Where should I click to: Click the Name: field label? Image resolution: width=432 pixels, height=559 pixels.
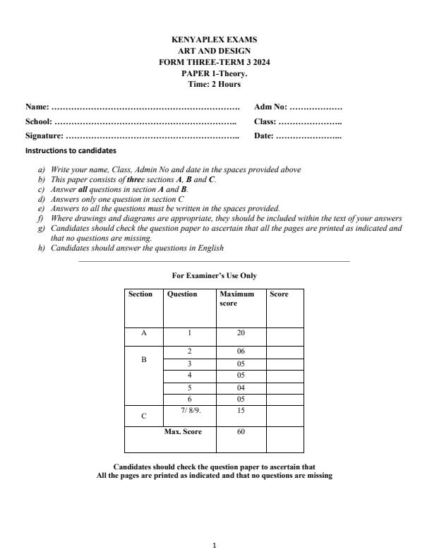tap(37, 107)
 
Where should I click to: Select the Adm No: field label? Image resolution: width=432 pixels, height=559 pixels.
tap(270, 107)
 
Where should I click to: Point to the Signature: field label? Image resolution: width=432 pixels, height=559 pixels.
tap(44, 136)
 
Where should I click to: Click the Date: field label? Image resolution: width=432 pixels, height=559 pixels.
tap(265, 136)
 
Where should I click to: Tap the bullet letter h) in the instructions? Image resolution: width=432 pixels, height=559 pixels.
tap(42, 248)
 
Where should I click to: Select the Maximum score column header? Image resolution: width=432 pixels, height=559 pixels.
tap(236, 299)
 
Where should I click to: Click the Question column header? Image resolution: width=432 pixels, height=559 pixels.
tap(182, 294)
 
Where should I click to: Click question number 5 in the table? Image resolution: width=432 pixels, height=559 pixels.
tap(189, 387)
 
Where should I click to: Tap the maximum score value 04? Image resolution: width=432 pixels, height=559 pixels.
tap(241, 387)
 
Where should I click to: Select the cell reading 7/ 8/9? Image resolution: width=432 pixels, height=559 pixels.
tap(189, 410)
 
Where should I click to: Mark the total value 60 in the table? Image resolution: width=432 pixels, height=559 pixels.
tap(241, 432)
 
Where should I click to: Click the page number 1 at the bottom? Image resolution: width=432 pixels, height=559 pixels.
tap(215, 545)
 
